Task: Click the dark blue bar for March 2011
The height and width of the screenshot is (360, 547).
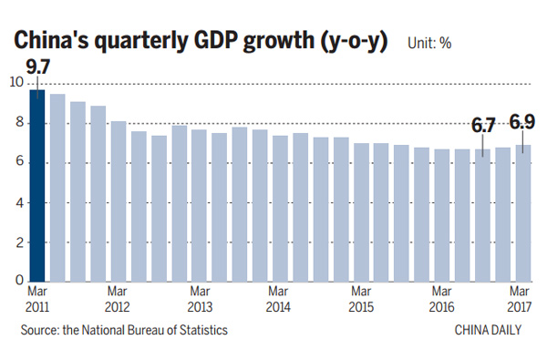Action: tap(37, 186)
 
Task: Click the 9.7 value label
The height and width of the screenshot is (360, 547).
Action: tap(37, 67)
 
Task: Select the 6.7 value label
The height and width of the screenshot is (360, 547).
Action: tap(481, 124)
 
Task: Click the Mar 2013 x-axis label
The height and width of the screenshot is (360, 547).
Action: tap(199, 300)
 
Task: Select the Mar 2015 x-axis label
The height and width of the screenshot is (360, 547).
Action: tap(361, 300)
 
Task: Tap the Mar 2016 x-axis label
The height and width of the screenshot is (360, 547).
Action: tap(441, 300)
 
